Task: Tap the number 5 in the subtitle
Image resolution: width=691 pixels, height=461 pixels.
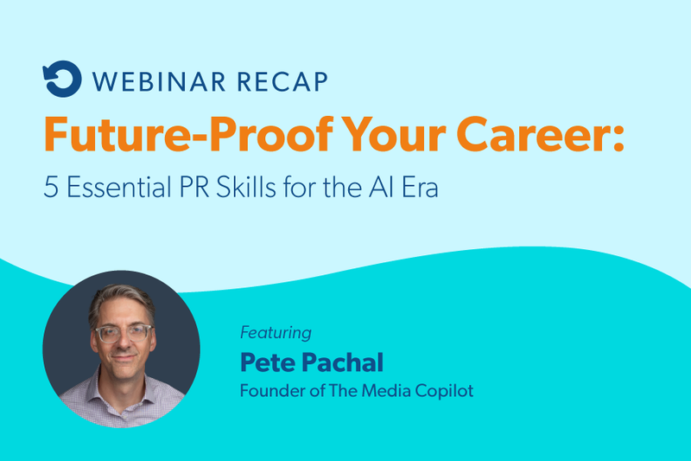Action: (x=50, y=189)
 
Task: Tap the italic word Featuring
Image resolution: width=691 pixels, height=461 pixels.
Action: (x=275, y=333)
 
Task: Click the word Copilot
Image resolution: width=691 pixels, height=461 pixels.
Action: (x=441, y=391)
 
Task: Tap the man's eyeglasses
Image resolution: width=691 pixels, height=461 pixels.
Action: (x=123, y=333)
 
